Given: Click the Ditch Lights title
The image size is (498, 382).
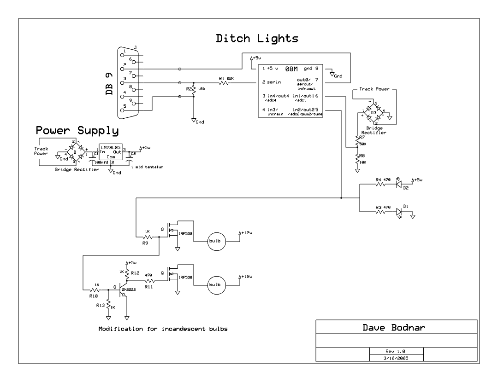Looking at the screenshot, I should [x=258, y=39].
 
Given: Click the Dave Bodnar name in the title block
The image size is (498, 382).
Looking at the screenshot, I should [x=396, y=328].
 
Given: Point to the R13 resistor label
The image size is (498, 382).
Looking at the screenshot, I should [x=100, y=305].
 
